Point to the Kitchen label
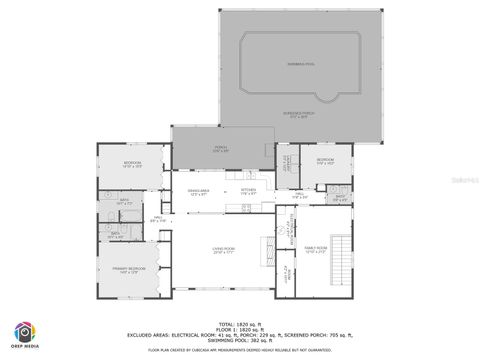[x=249, y=192]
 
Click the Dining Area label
[x=198, y=192]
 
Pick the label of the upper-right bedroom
[x=325, y=162]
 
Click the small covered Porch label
[x=221, y=150]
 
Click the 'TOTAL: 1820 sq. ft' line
[x=240, y=324]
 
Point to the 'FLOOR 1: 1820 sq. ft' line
[x=240, y=329]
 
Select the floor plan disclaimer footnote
[x=240, y=350]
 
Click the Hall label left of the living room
[x=158, y=219]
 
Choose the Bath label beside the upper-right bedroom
[x=340, y=198]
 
